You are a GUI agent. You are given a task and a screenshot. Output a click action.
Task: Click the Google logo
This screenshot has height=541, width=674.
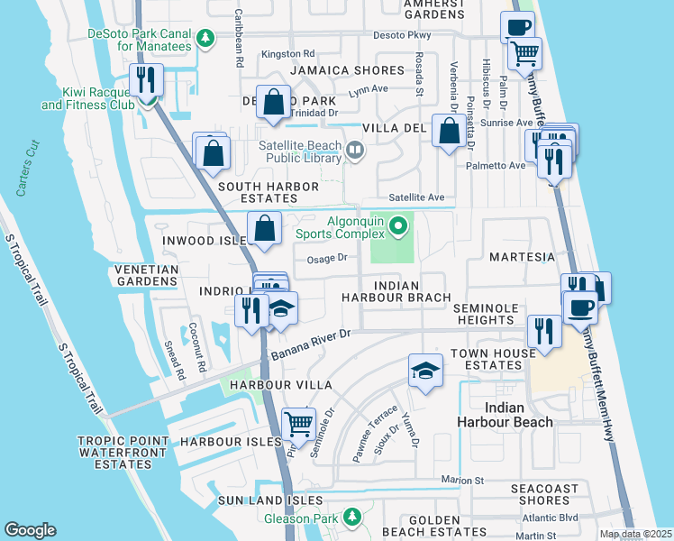pos(30,530)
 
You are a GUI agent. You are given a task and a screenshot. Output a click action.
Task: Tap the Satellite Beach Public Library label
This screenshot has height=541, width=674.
pos(284,151)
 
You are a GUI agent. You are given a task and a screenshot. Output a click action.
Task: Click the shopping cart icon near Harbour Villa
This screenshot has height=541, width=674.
pos(297,422)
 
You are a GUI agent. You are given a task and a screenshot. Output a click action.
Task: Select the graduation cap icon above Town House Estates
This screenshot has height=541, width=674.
pos(425,370)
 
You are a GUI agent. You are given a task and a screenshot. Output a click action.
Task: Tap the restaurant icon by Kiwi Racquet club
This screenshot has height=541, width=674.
pos(145,79)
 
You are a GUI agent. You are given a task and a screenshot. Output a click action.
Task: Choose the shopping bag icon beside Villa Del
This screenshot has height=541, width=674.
pos(448,132)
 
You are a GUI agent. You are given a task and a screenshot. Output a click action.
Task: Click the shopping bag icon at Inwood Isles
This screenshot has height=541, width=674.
pos(265,229)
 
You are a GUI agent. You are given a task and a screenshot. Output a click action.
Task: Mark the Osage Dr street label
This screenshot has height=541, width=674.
pos(327,258)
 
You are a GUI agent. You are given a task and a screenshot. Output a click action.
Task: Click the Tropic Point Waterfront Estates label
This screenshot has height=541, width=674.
pos(123,452)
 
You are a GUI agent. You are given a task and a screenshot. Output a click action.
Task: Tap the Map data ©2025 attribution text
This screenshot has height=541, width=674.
pos(635,534)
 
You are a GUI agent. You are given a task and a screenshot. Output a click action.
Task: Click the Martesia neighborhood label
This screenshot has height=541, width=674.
pos(522,257)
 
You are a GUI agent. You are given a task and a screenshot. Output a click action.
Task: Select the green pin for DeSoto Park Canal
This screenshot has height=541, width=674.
pos(206,39)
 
